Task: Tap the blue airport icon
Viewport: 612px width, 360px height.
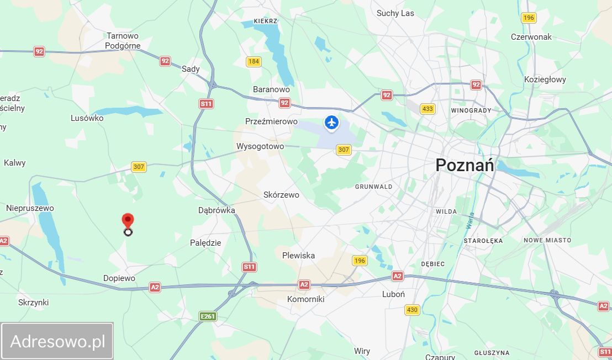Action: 331,123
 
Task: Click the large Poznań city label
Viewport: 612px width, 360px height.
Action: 465,165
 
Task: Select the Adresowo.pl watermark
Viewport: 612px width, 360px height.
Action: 57,341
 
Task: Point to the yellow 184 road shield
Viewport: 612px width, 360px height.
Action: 254,61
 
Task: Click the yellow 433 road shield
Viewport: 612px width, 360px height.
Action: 427,109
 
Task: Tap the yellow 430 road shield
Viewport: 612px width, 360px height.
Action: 412,310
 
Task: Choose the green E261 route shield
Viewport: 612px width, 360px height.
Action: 208,316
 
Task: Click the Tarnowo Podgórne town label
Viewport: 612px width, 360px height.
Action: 123,41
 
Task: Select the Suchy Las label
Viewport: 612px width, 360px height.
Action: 395,13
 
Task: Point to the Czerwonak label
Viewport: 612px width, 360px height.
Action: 531,37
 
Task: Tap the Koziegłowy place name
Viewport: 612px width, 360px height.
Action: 545,80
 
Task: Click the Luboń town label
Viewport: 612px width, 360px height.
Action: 393,294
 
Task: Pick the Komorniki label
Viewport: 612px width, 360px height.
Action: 305,299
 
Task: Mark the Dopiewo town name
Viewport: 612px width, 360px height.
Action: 119,278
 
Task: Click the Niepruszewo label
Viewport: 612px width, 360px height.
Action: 30,208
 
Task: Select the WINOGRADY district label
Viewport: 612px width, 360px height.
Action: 471,110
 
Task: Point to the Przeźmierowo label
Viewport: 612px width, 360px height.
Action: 271,121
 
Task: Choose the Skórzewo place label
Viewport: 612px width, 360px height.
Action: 281,195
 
